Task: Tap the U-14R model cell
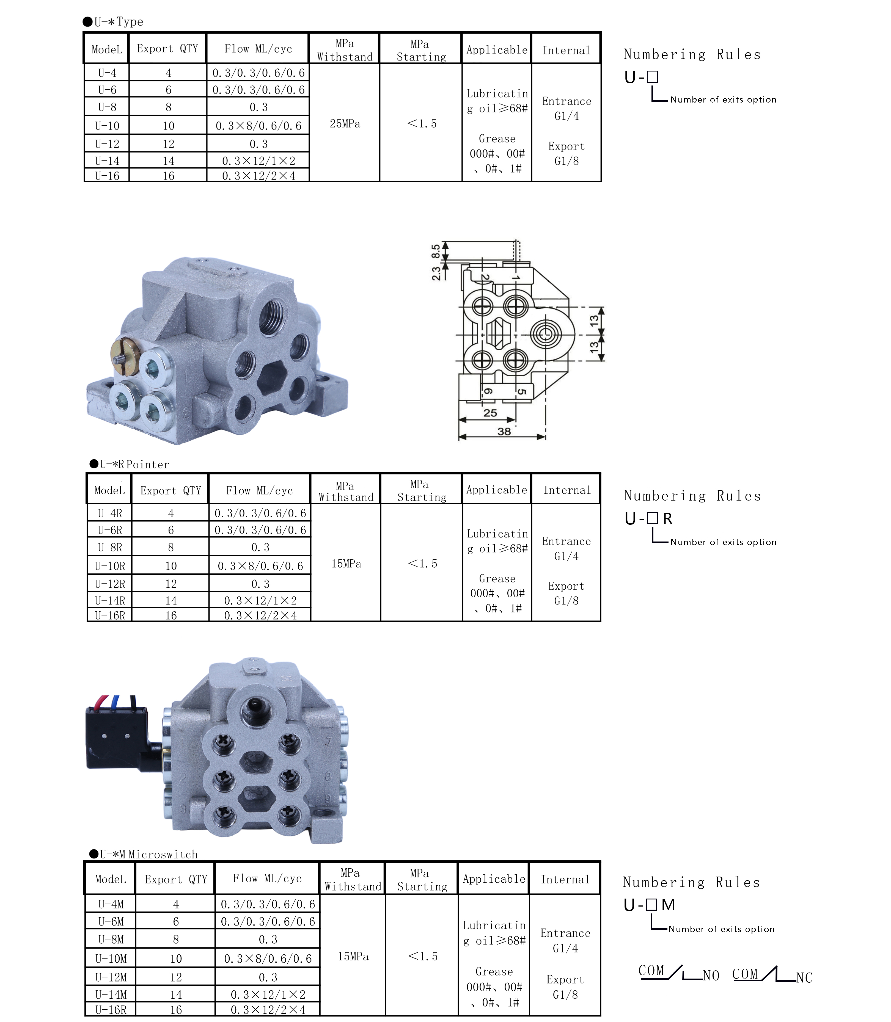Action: pos(110,601)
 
